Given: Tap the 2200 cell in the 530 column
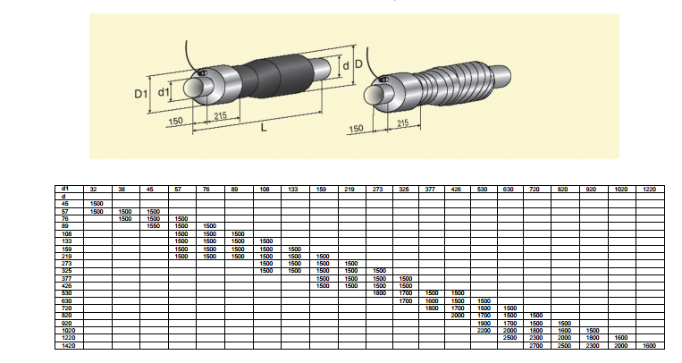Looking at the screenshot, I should [x=484, y=330].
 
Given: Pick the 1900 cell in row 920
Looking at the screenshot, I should [x=484, y=323].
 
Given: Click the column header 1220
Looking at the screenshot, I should [x=649, y=190].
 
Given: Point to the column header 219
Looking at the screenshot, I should [x=350, y=190].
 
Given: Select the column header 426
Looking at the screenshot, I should [x=458, y=190].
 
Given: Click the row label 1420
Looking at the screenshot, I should [x=65, y=345].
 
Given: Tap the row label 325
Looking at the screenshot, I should [x=65, y=270].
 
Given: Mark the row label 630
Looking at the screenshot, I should [x=65, y=300].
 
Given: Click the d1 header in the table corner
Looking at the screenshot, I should [x=65, y=190].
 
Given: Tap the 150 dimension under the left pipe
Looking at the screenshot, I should [x=174, y=120].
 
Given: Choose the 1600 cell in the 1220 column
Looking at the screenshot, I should [x=649, y=345].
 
